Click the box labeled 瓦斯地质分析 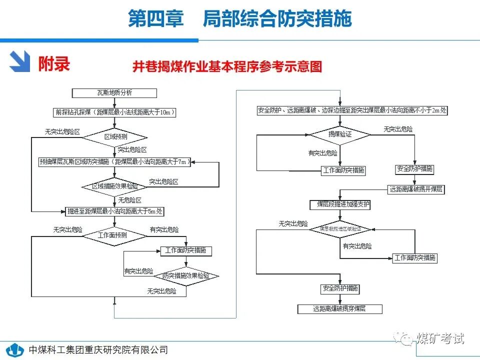click(114, 93)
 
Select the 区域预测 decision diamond click(114, 136)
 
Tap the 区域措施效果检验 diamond click(114, 186)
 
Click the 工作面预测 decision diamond click(115, 235)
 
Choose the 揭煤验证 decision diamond click(339, 134)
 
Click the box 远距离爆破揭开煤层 click(416, 189)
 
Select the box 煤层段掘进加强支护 click(340, 204)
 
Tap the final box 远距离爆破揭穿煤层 click(340, 309)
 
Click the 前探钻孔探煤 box click(114, 112)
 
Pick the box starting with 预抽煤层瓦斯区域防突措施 click(114, 161)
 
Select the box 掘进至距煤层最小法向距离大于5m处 click(114, 211)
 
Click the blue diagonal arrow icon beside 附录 click(21, 62)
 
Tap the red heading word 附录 click(54, 63)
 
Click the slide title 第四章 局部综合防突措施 click(239, 19)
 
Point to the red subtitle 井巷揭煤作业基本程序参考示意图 click(227, 66)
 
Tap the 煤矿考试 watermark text click(439, 338)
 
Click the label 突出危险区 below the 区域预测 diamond click(132, 149)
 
